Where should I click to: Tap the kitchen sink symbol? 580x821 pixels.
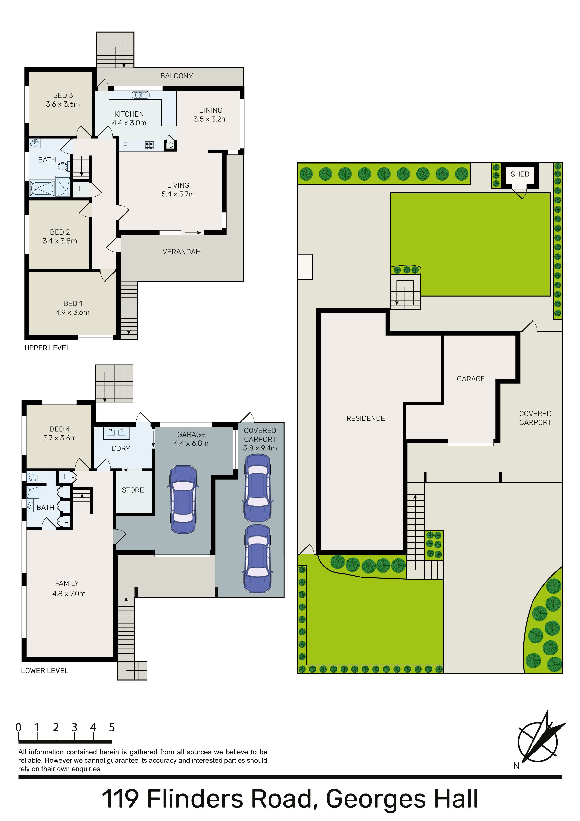[x=141, y=95]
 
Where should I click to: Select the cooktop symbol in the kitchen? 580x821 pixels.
[x=149, y=145]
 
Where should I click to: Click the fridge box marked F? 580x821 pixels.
[x=125, y=145]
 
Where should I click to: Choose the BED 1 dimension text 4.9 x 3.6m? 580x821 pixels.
[x=73, y=312]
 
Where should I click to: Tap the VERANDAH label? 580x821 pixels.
[x=181, y=252]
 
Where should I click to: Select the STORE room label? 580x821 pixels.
[x=133, y=490]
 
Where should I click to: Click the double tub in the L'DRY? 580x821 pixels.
[x=116, y=433]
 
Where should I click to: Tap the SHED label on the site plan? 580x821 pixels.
[x=520, y=174]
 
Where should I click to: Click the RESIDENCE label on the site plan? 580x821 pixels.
[x=366, y=418]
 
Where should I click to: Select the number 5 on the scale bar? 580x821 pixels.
[x=112, y=727]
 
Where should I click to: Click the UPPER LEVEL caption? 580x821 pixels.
[x=47, y=348]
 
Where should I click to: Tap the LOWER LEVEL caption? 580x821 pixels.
[x=45, y=671]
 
